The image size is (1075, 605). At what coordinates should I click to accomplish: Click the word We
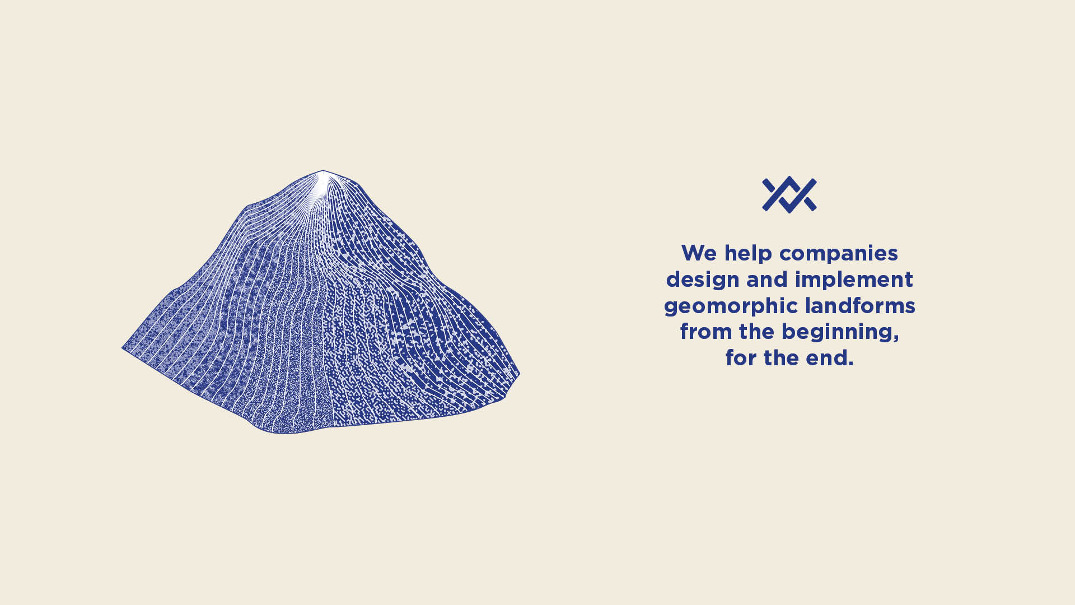(x=699, y=253)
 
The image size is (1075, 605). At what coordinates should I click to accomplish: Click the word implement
(x=854, y=280)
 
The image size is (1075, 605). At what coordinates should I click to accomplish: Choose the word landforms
(x=860, y=306)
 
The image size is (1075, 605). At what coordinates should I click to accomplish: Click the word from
(x=705, y=332)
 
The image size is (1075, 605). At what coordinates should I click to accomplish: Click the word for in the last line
(x=741, y=358)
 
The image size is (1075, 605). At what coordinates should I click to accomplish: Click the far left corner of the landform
(x=122, y=348)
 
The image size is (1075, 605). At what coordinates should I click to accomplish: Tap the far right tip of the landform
(x=520, y=373)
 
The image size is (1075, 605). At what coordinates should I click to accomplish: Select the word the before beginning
(x=757, y=332)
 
